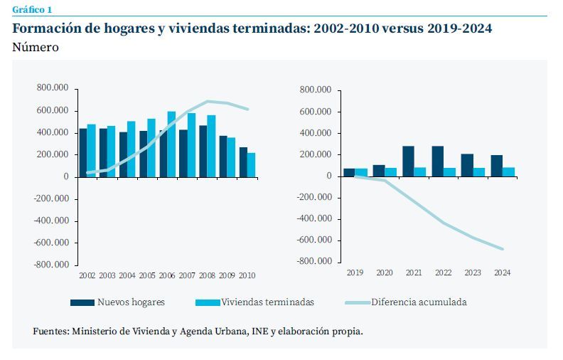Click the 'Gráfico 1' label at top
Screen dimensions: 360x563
point(32,9)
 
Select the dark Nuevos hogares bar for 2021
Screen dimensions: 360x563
point(408,161)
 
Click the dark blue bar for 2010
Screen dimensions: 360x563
point(243,162)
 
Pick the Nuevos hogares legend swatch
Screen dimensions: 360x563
point(82,302)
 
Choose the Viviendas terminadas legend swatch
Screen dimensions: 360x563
point(205,302)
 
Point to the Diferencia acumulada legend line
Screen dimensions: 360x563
point(357,302)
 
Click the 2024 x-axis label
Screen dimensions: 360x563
point(502,272)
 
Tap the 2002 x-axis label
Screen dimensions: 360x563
point(87,275)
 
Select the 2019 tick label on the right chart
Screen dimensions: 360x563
point(354,272)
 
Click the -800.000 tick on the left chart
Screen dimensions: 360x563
point(53,265)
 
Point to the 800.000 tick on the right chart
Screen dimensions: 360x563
point(316,90)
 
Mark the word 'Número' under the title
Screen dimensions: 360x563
point(36,47)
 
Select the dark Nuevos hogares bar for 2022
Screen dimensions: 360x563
point(438,161)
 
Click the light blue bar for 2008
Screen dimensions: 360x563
point(212,145)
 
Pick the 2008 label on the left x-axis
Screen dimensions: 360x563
point(207,275)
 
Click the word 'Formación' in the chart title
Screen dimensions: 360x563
point(46,28)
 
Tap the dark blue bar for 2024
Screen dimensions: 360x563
point(497,165)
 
